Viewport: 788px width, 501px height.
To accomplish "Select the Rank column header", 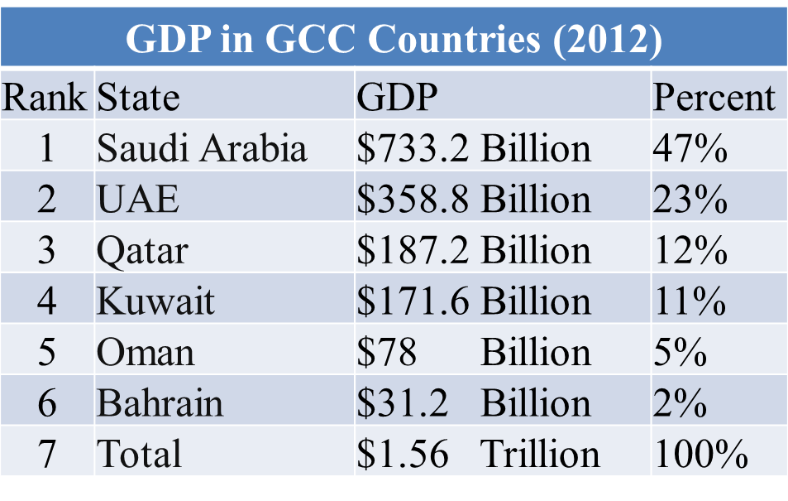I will [45, 98].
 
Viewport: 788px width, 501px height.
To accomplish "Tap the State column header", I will [138, 98].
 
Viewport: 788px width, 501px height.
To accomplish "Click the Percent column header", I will [714, 98].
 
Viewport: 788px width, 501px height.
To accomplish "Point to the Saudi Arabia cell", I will [202, 148].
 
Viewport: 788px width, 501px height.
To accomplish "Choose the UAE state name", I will [138, 200].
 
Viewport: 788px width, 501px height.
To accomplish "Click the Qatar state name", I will [142, 250].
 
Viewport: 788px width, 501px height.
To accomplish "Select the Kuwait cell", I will [155, 301].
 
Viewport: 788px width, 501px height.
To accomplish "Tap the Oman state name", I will [146, 352].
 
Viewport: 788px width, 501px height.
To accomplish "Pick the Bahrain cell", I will [160, 402].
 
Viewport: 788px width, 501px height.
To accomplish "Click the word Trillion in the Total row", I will [540, 454].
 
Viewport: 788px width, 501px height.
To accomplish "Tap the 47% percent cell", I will [690, 148].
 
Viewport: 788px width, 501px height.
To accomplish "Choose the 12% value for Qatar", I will [690, 250].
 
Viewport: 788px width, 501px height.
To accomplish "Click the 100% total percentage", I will [701, 454].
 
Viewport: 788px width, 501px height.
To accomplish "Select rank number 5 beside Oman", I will [46, 352].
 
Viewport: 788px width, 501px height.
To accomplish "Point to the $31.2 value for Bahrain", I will [403, 402].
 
